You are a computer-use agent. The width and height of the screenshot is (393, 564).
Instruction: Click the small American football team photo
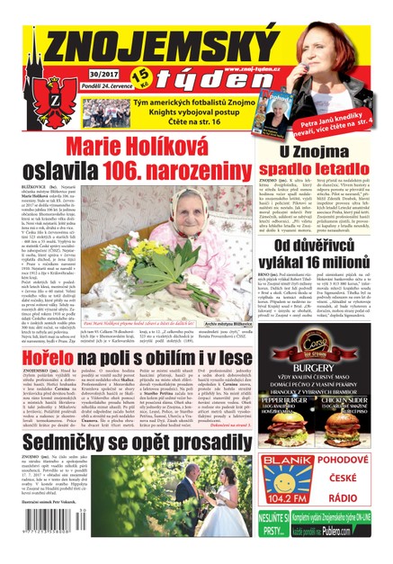105,112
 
